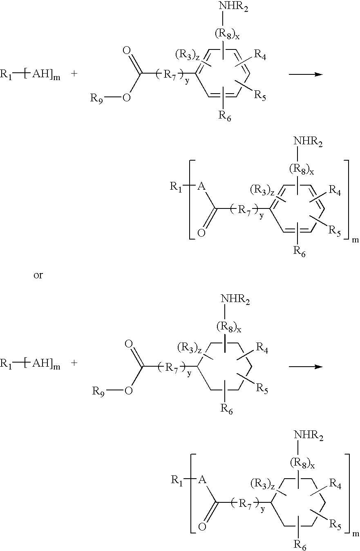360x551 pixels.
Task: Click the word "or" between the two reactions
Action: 38,275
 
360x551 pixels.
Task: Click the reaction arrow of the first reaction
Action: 306,74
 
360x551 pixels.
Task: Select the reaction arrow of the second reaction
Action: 306,367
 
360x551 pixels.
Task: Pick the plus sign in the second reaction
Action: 74,363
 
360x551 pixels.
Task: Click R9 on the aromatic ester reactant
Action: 96,99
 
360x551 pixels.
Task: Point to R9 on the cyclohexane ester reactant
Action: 98,391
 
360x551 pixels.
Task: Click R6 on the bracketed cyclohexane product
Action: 300,544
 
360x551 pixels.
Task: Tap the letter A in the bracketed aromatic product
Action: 201,187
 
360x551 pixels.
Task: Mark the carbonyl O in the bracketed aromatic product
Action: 201,233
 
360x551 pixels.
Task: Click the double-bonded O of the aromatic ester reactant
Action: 126,51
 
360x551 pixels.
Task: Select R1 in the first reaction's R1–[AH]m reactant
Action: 6,74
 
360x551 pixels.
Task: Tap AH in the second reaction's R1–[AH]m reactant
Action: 41,363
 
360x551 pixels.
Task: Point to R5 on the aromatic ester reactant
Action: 260,95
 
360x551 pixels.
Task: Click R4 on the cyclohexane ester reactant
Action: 262,347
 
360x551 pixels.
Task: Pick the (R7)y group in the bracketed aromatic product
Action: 247,211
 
